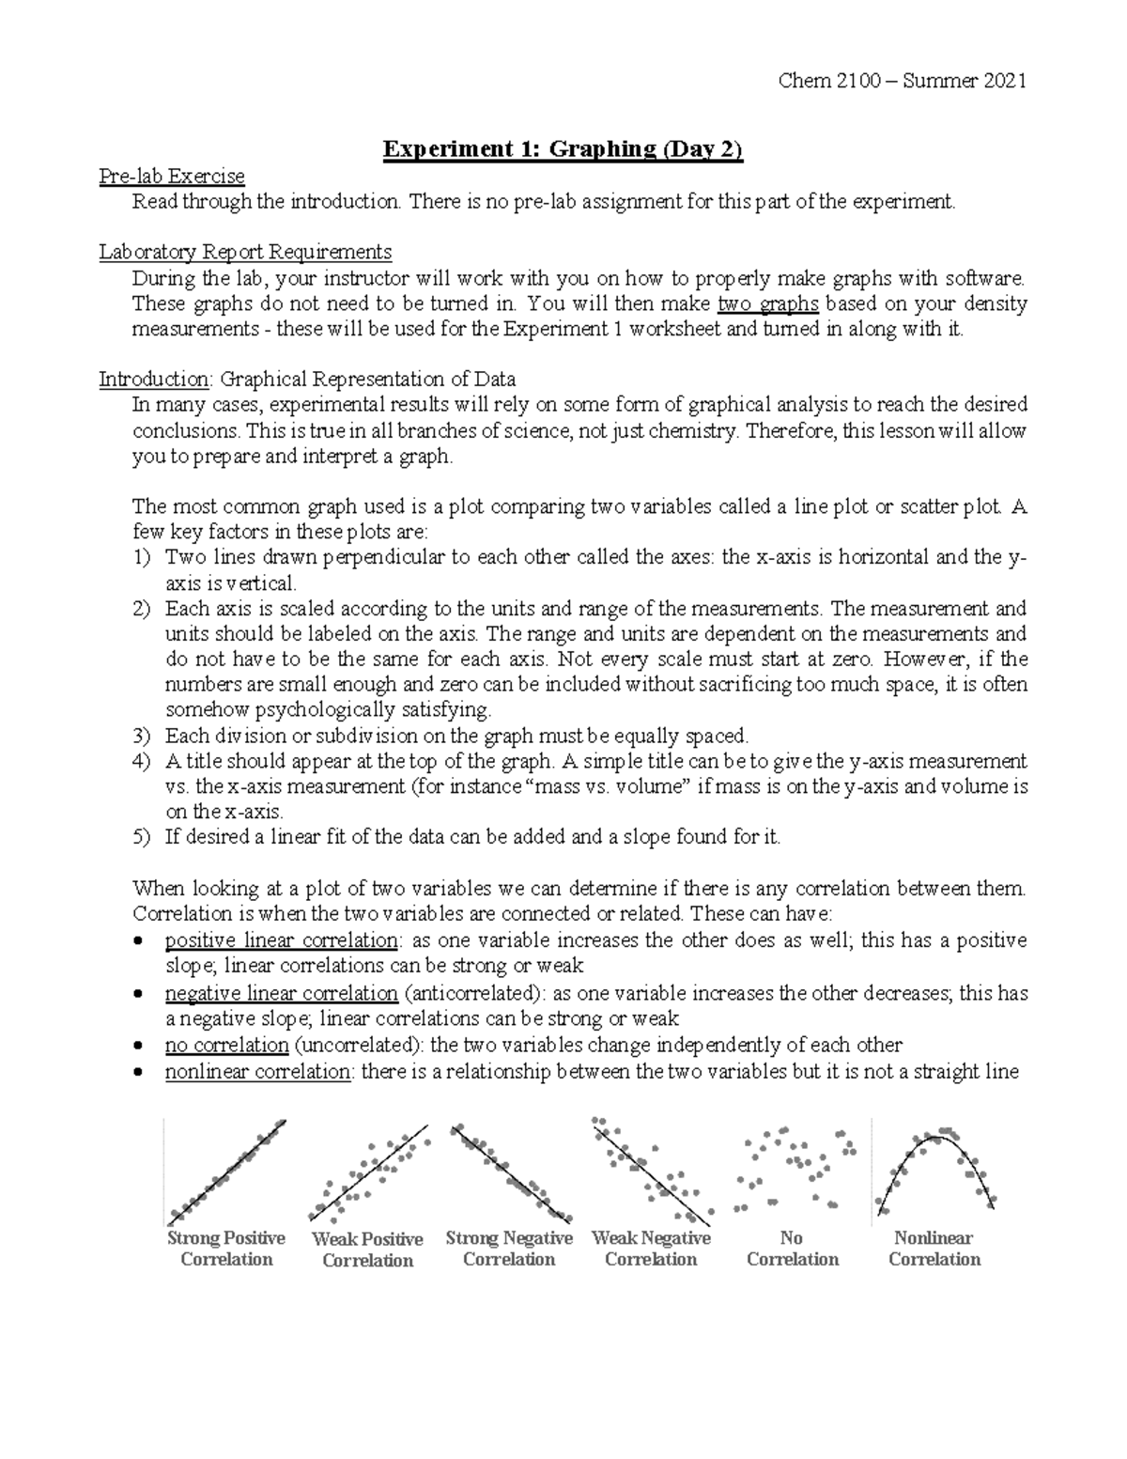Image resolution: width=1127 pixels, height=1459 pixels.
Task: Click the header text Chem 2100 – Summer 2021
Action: [903, 81]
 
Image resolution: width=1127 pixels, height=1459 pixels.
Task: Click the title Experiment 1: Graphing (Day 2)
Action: [563, 149]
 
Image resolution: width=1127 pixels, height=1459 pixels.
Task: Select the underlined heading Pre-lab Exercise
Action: [172, 176]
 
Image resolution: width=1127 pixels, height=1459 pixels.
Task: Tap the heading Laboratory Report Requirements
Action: [246, 252]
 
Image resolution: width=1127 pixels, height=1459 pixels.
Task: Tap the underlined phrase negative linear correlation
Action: [282, 993]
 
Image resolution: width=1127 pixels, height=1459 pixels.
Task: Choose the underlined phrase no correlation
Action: [226, 1045]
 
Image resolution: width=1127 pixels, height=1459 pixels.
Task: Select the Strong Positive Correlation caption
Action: [226, 1249]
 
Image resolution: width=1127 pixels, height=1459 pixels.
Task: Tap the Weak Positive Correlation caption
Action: [367, 1249]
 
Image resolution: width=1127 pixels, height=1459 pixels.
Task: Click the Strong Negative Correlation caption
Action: [509, 1249]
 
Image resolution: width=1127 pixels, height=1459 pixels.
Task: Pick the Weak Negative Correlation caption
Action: [651, 1249]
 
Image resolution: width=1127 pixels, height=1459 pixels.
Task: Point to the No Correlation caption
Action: [792, 1249]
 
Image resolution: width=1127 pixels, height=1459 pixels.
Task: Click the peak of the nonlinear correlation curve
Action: [935, 1139]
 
